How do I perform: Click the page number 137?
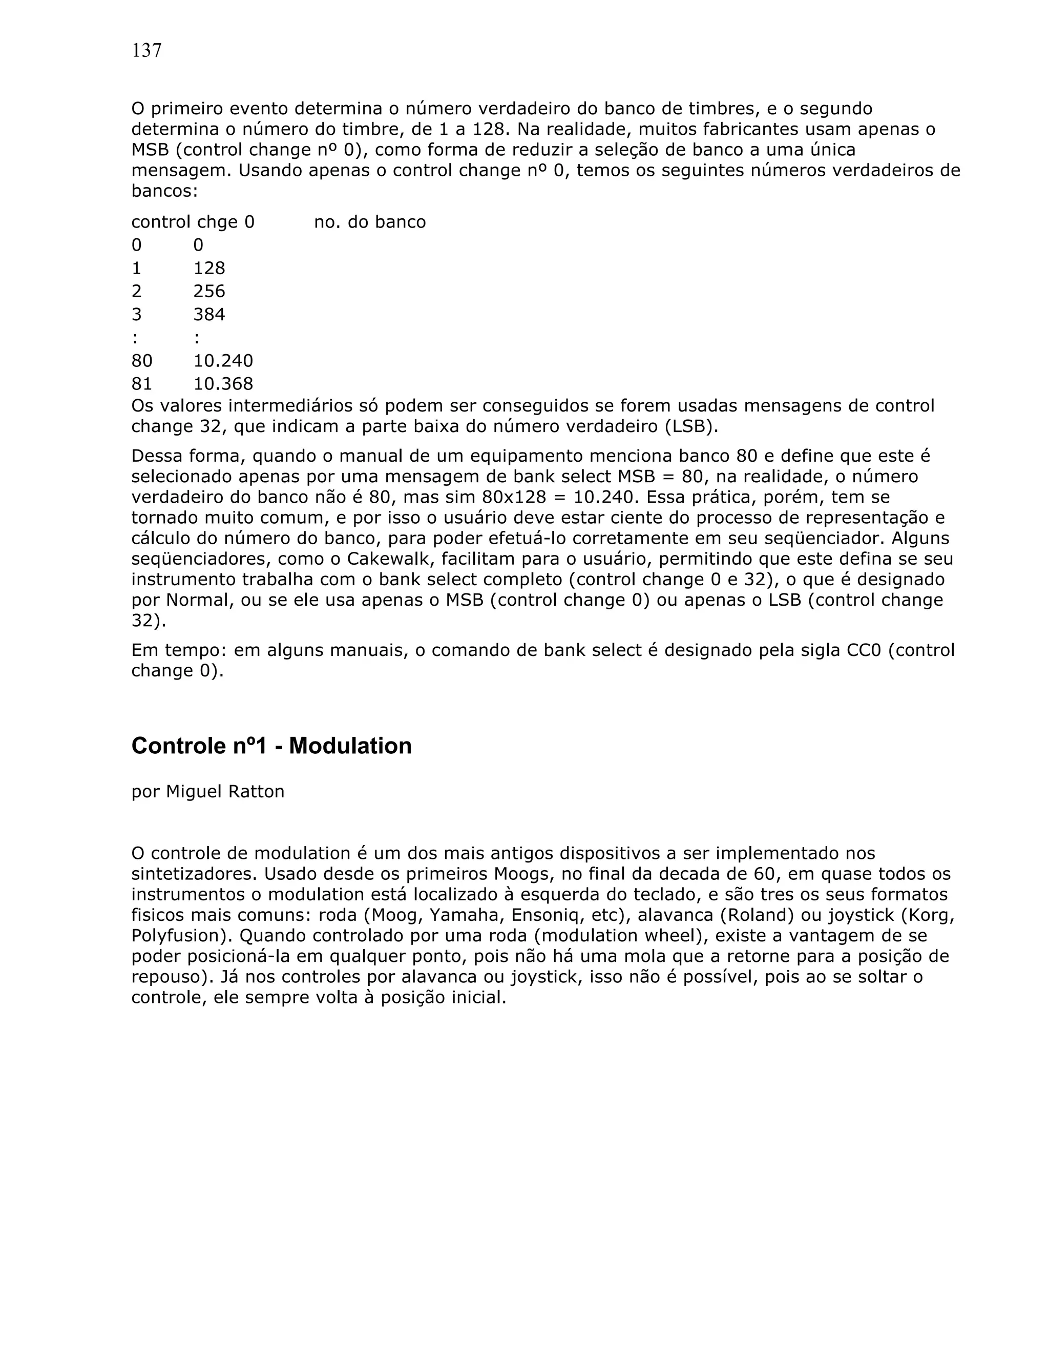(x=146, y=50)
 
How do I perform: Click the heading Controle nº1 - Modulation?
(x=271, y=746)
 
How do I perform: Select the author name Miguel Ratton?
(x=225, y=792)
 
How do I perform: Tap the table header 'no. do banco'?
(x=370, y=222)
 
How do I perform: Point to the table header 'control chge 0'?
(x=193, y=222)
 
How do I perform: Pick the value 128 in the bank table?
(x=209, y=268)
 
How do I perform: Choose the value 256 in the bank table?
(x=209, y=291)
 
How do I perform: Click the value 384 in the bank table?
(x=209, y=314)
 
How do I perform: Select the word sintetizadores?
(x=193, y=874)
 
